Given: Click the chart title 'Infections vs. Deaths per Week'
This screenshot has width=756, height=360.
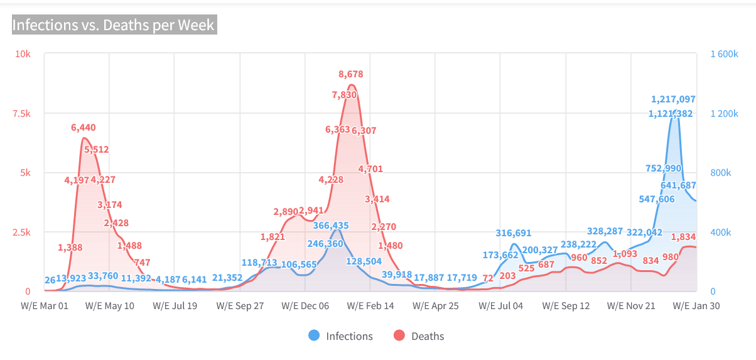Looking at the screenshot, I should [114, 25].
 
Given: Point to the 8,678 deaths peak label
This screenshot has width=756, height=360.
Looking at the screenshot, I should [351, 74].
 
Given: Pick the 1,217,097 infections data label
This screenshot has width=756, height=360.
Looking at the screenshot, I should [673, 99].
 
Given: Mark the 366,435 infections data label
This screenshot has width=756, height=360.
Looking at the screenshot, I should [331, 226].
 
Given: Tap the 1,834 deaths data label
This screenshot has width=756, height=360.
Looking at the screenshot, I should [683, 237].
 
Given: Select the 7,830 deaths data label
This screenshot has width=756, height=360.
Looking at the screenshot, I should [345, 95].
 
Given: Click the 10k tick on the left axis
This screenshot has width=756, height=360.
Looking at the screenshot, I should [23, 54].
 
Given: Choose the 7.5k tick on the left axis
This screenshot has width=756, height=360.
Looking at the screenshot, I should [21, 113].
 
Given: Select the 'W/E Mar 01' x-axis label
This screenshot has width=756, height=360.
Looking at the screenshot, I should [45, 306].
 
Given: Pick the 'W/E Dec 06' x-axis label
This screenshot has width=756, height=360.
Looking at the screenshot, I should [305, 306].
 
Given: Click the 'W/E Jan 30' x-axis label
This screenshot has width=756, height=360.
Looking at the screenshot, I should [696, 306].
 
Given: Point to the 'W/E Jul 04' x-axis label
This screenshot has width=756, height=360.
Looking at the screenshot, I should [500, 306].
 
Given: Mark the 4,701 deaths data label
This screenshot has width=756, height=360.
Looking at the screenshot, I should [370, 168].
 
